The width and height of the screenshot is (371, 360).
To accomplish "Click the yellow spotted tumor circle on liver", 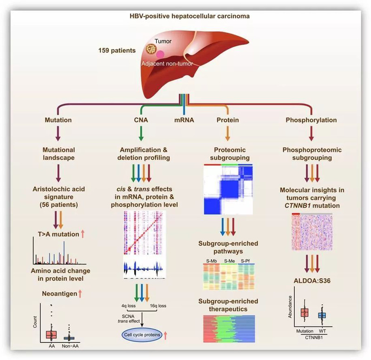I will [151, 48].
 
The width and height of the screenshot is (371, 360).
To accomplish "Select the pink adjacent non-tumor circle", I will [160, 55].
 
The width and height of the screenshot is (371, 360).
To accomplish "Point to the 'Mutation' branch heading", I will [58, 120].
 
